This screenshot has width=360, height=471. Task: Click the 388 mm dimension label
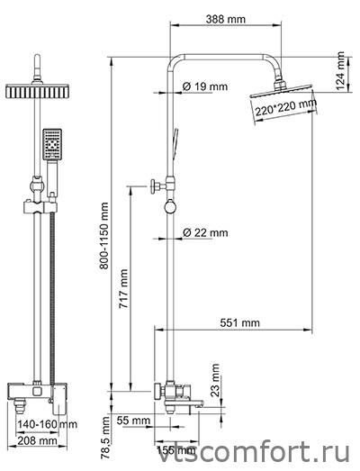[226, 19]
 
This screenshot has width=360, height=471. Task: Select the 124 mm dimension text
[340, 70]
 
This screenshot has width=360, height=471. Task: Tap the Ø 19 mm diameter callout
[205, 86]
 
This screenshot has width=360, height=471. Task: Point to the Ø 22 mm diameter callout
[205, 232]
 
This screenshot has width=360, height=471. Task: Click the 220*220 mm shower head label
[286, 107]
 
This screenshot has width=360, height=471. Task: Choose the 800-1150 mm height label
[103, 236]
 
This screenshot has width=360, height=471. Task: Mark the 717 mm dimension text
[123, 289]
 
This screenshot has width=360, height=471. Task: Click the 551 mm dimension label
[240, 323]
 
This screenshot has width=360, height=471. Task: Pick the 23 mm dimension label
[215, 380]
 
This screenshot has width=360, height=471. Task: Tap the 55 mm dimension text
[133, 421]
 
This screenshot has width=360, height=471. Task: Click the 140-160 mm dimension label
[47, 424]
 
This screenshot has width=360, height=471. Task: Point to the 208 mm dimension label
[37, 441]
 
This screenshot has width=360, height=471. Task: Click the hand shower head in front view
[52, 144]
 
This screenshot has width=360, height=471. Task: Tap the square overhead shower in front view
[37, 91]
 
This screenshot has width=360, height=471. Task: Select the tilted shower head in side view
[281, 90]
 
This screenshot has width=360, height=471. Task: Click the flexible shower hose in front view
[52, 298]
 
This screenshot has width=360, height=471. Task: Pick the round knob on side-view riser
[169, 207]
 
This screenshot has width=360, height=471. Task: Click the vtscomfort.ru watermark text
[254, 452]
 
